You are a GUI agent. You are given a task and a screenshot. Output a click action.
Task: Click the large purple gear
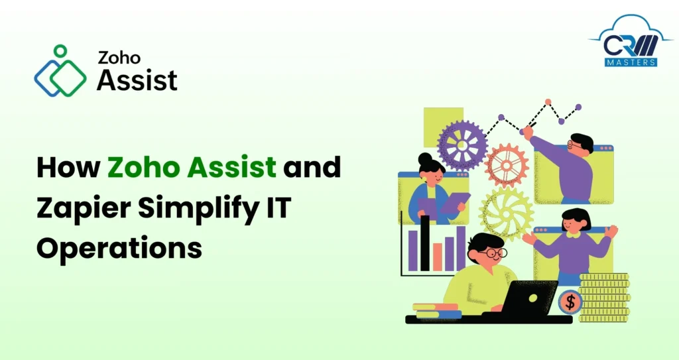[x=462, y=145]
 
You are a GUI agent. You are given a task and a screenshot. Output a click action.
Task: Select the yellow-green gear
[x=506, y=212]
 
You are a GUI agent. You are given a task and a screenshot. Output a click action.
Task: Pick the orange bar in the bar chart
[x=437, y=257]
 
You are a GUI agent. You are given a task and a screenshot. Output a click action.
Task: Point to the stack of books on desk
[x=435, y=311]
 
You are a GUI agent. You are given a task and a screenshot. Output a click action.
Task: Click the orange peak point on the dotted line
[x=548, y=103]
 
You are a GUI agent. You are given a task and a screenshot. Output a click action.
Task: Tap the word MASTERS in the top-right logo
[x=631, y=62]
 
